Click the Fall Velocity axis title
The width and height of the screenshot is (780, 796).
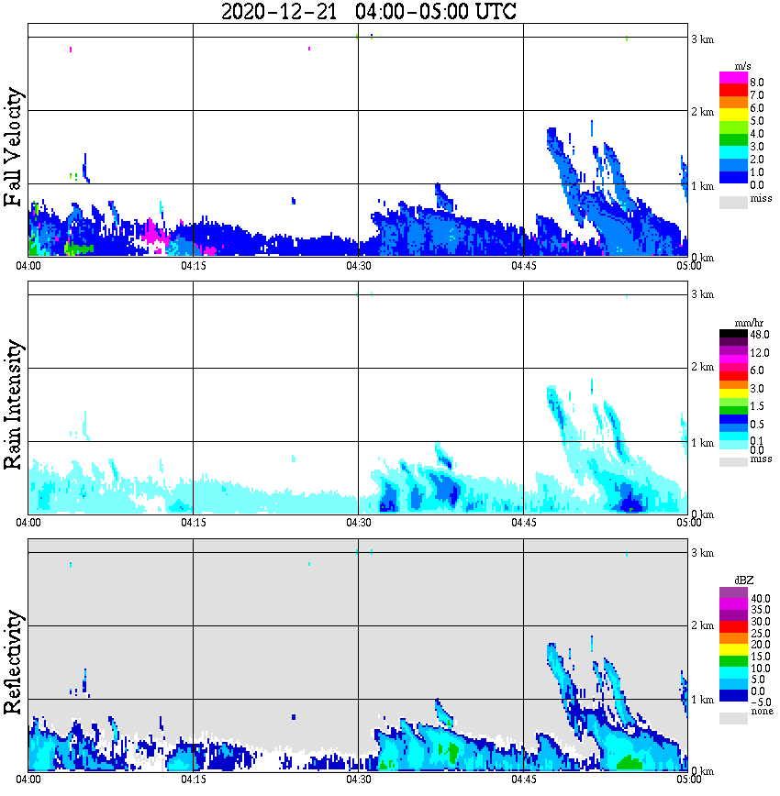[14, 148]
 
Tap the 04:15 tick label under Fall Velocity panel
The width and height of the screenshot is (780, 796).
[193, 265]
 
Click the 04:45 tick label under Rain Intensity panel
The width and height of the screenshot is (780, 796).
[523, 523]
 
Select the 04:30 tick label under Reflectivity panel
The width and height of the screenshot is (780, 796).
[358, 779]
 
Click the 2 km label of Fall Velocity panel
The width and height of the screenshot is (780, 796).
[702, 112]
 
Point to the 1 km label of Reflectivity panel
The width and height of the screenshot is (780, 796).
[702, 700]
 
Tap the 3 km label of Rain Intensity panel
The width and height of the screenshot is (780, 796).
[702, 294]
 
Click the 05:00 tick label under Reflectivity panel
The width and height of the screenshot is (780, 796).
[688, 779]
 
